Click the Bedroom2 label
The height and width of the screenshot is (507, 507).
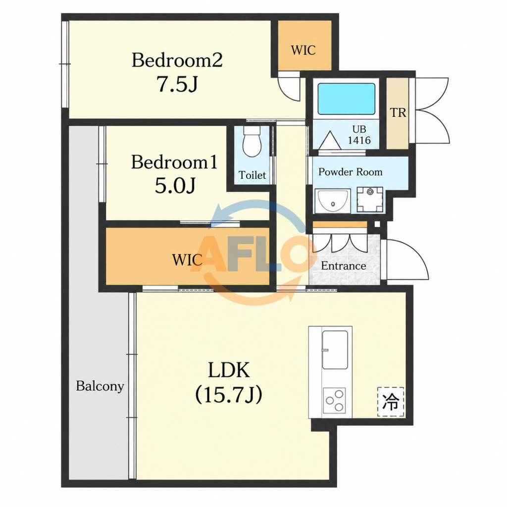click(177, 60)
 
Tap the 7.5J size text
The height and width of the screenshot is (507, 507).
click(177, 84)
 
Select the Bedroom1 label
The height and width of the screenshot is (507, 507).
click(174, 162)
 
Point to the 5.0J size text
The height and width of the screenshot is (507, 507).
click(175, 186)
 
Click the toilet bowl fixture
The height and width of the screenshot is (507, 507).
click(252, 141)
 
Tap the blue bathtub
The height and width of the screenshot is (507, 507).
click(346, 99)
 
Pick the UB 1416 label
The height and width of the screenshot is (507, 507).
click(359, 135)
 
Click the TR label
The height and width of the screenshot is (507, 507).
click(398, 112)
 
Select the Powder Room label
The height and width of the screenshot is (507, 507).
click(350, 172)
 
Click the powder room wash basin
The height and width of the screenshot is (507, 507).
click(333, 201)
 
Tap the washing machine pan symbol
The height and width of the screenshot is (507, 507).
click(370, 200)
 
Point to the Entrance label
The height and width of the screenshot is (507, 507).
click(344, 266)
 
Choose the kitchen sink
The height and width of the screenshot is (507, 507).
click(335, 350)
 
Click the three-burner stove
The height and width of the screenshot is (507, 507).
click(334, 400)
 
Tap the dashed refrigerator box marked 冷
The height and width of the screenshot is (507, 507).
click(391, 402)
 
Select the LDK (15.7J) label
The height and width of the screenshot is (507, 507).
click(229, 382)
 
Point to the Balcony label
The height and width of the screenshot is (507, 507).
click(100, 386)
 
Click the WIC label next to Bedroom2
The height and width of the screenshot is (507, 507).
click(304, 50)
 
